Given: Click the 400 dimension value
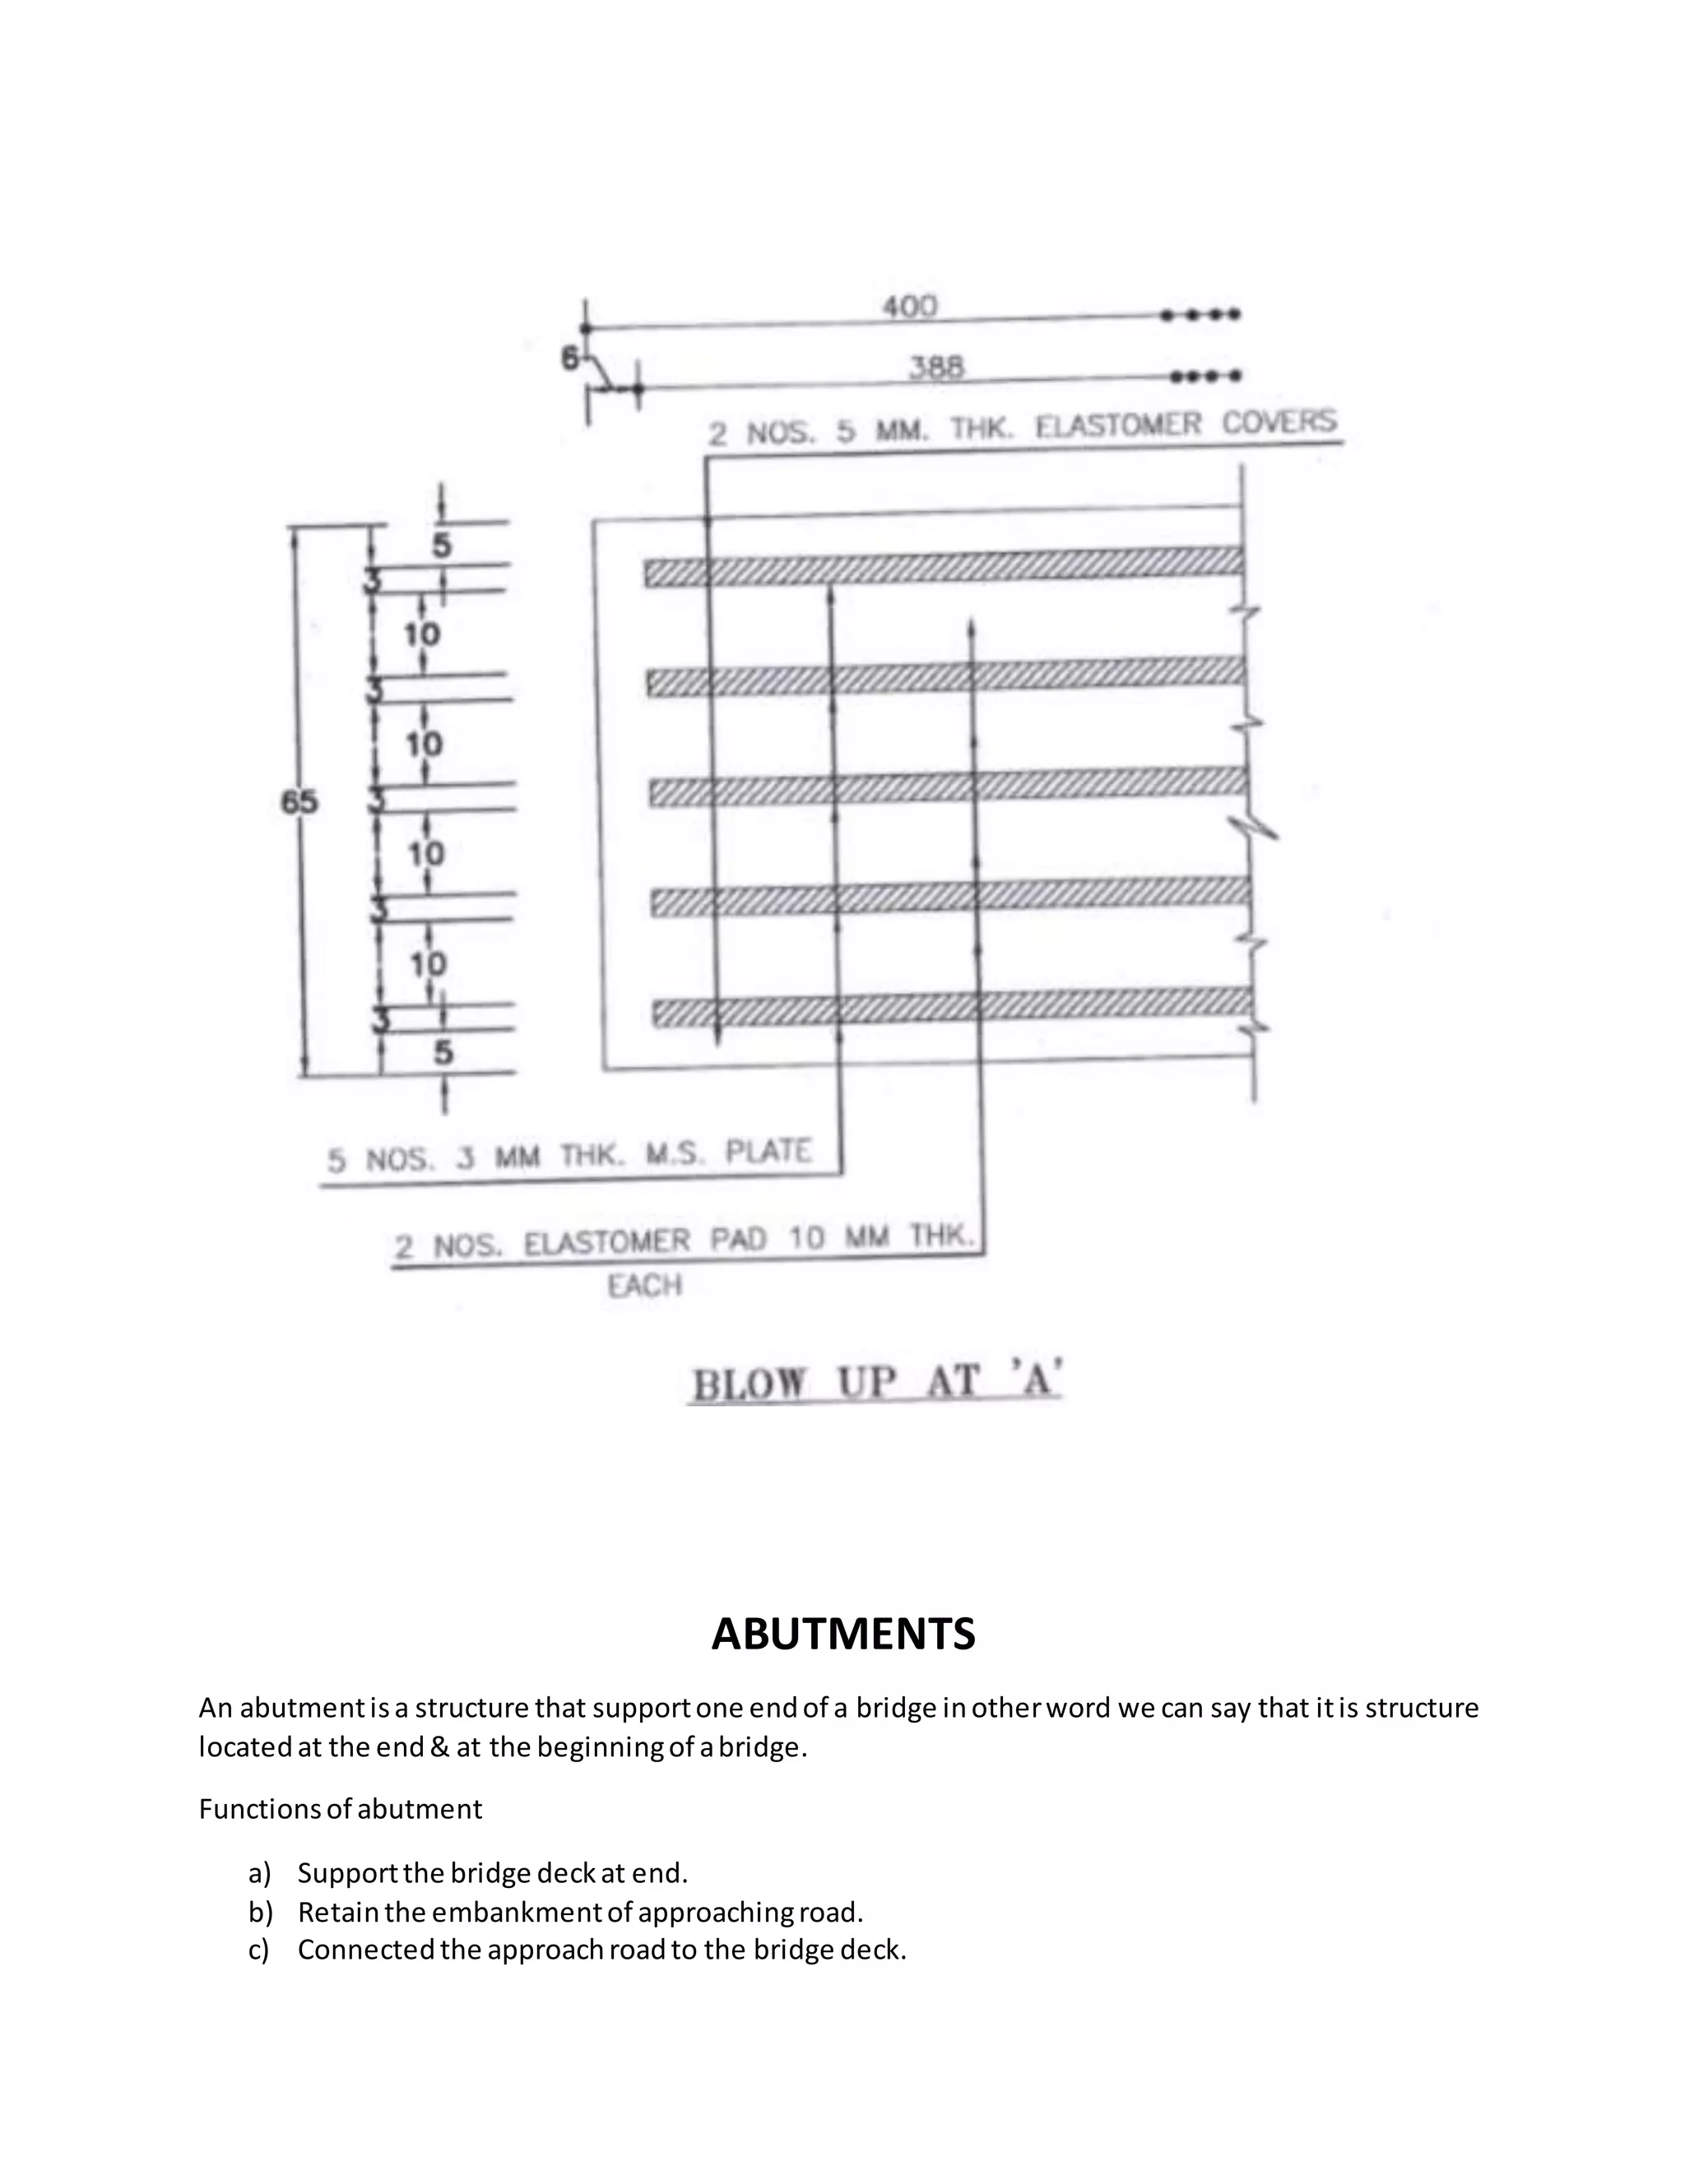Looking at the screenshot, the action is [x=909, y=307].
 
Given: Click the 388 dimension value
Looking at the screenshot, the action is [x=936, y=369].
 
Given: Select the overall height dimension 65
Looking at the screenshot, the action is [x=299, y=801].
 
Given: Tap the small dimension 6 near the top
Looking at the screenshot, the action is [x=570, y=357].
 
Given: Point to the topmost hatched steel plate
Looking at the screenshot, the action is [x=944, y=566].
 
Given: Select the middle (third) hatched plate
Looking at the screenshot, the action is [x=949, y=786].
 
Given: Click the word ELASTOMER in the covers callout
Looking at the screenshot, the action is [x=1118, y=426].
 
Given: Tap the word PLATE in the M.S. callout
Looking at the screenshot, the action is [x=768, y=1152].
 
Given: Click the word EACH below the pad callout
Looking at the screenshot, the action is [x=645, y=1286].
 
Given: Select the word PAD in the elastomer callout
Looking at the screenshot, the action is [x=738, y=1240].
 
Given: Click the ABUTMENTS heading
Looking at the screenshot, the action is [x=842, y=1634].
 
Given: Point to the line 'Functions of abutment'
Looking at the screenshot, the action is [x=341, y=1809].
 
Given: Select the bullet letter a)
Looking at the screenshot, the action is [x=259, y=1872].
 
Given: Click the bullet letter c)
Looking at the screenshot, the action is [x=259, y=1950].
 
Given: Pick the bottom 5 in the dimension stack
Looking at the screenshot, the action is [x=442, y=1053].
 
